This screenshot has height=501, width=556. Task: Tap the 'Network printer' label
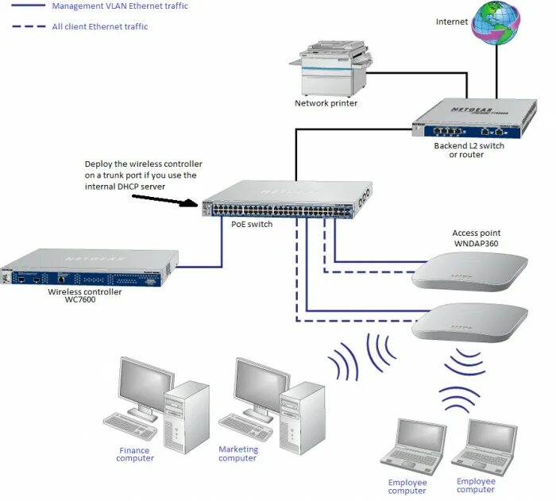pyautogui.click(x=326, y=103)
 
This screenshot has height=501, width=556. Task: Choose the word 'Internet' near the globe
pyautogui.click(x=451, y=21)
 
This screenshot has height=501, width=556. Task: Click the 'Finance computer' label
pyautogui.click(x=135, y=454)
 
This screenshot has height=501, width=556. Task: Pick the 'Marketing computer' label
pyautogui.click(x=238, y=453)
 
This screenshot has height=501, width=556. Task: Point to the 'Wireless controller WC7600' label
pyautogui.click(x=85, y=296)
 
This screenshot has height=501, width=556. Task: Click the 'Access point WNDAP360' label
pyautogui.click(x=477, y=237)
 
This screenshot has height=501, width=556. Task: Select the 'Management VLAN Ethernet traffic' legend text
pyautogui.click(x=120, y=6)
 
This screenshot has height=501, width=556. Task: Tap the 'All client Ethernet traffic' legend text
pyautogui.click(x=99, y=26)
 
